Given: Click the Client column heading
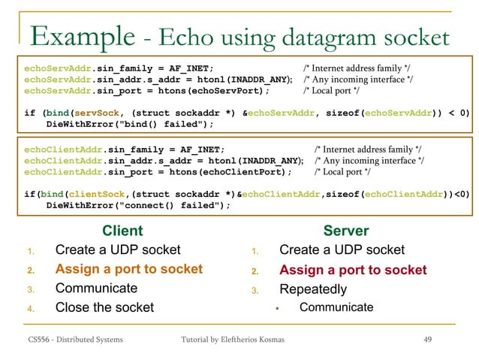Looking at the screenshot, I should pos(122,231).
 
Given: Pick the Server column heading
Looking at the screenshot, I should pos(345,231).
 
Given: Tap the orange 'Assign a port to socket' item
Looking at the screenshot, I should pos(129,269).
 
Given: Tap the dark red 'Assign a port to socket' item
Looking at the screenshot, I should pos(353,270).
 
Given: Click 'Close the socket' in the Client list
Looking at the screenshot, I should pos(104,307).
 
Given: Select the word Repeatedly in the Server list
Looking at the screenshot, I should pos(313,289).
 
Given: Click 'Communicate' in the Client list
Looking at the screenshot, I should pos(96,288).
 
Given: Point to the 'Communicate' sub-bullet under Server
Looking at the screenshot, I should pos(336,307).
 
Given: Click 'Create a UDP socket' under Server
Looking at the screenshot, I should pos(342,250).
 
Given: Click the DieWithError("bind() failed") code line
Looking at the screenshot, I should pos(130,124).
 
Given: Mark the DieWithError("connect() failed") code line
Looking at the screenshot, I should pos(139,205).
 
